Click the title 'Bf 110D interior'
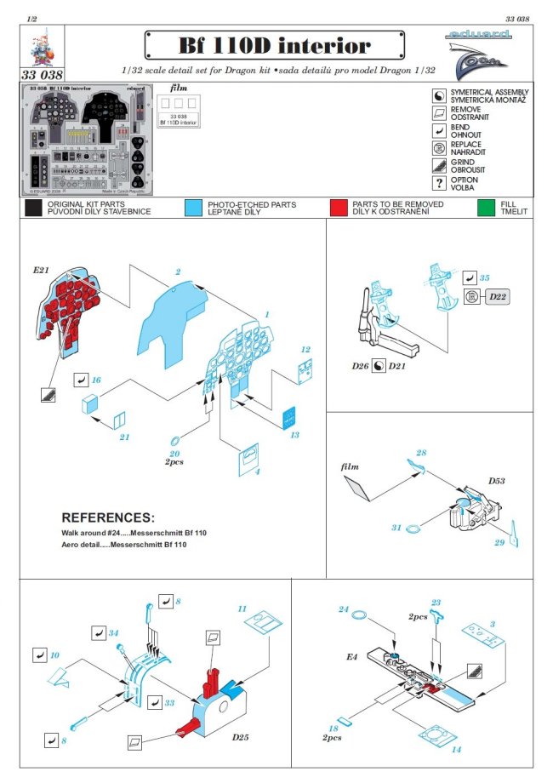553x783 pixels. (274, 44)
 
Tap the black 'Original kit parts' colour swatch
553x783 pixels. (34, 209)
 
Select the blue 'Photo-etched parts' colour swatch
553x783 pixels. (192, 209)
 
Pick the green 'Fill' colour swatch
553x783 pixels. (486, 209)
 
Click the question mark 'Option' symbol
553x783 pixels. (439, 182)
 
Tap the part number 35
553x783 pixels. (484, 277)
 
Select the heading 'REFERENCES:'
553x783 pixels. (108, 517)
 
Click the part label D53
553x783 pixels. (498, 482)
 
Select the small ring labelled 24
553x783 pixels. (359, 614)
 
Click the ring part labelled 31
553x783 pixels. (410, 529)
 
